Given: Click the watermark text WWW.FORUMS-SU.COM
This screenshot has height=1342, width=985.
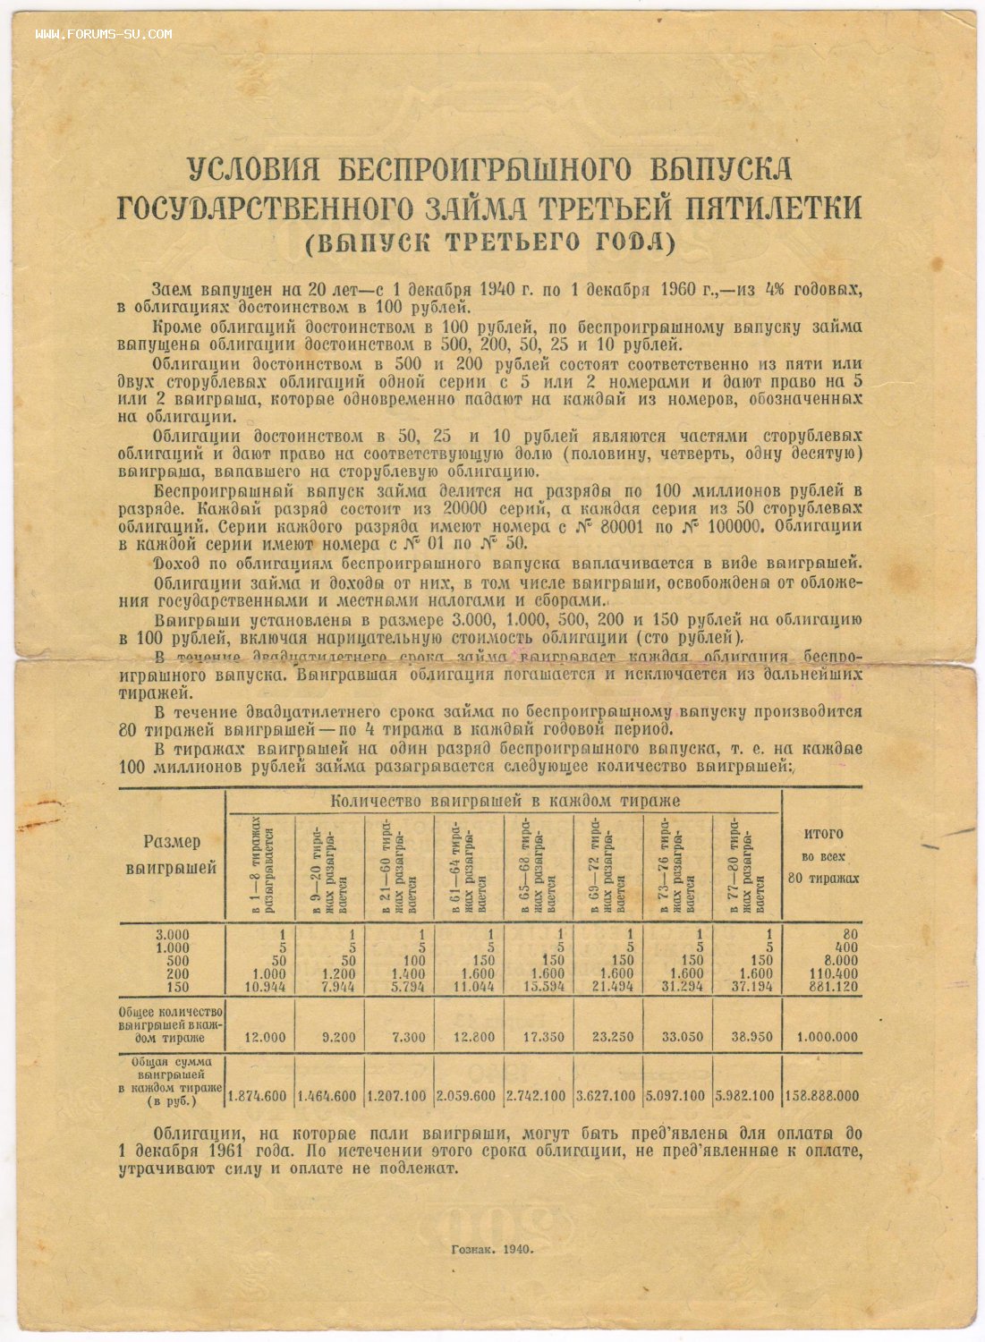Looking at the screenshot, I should (x=104, y=34).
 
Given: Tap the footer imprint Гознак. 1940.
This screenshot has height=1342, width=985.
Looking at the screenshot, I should (x=493, y=1249).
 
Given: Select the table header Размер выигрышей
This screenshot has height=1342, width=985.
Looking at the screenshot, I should (x=172, y=854).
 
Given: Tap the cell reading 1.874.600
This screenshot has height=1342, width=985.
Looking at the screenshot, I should (x=258, y=1096).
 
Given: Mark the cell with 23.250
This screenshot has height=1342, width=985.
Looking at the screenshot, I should (x=612, y=1038).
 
